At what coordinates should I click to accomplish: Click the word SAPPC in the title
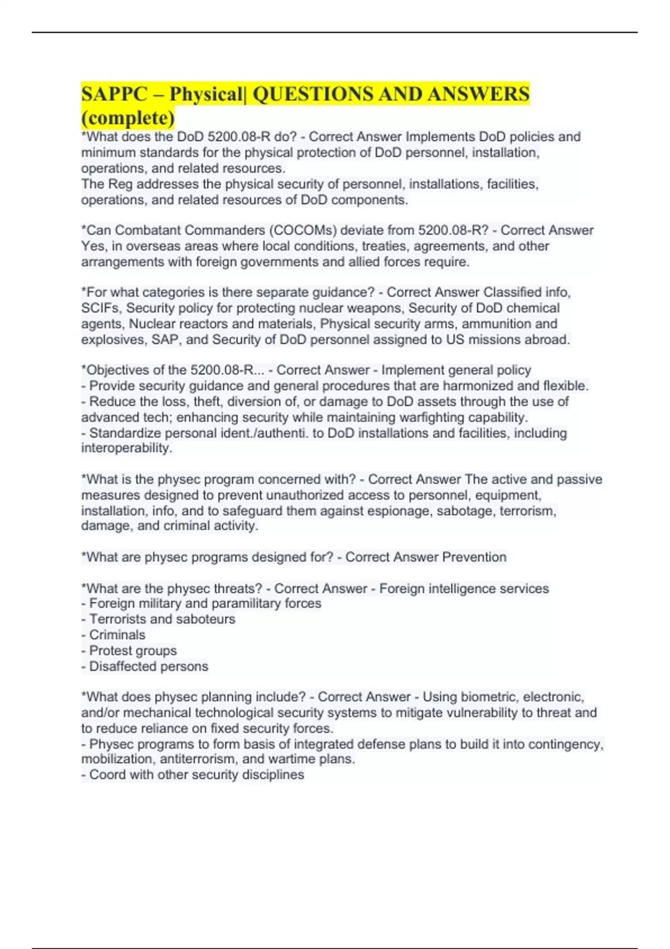(114, 94)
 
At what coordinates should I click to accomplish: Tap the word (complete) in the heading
(128, 118)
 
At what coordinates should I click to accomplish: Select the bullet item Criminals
(117, 635)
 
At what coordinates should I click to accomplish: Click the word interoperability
(126, 448)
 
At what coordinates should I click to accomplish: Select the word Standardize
(125, 433)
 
